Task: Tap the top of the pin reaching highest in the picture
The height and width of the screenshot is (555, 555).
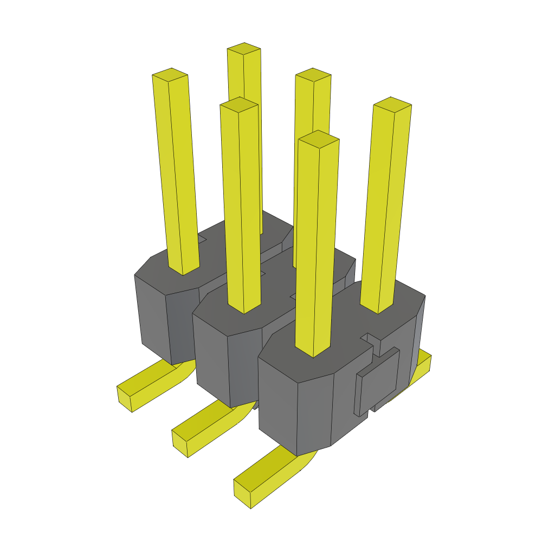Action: [244, 49]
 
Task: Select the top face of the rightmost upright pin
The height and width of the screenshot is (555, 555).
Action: [392, 104]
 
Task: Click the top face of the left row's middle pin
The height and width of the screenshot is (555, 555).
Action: [238, 104]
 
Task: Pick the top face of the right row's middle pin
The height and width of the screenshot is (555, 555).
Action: [313, 75]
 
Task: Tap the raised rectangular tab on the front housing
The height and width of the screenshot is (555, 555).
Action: [378, 379]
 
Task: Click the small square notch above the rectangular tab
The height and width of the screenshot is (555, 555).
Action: [371, 339]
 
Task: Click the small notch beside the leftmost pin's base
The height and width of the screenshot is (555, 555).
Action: [202, 238]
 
